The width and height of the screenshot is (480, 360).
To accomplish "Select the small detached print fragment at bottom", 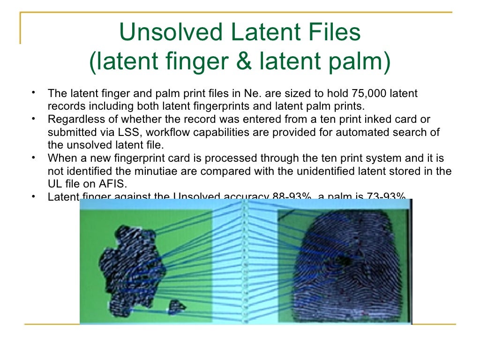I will [177, 307].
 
